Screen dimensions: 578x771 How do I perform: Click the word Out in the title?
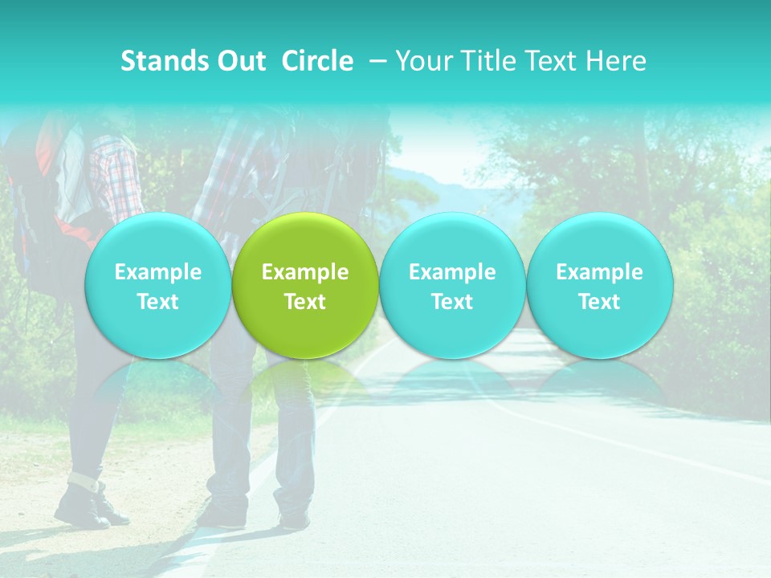pyautogui.click(x=239, y=61)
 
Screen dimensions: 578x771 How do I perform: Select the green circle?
pyautogui.click(x=305, y=285)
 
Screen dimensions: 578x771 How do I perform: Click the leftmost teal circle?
pyautogui.click(x=157, y=285)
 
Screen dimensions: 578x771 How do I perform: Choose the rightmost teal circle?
pyautogui.click(x=599, y=285)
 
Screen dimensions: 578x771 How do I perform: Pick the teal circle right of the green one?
pyautogui.click(x=452, y=285)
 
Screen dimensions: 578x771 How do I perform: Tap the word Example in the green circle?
pyautogui.click(x=305, y=272)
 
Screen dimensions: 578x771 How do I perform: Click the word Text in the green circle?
pyautogui.click(x=305, y=302)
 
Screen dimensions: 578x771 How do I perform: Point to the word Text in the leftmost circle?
pyautogui.click(x=157, y=302)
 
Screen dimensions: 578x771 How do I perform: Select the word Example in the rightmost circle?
pyautogui.click(x=599, y=272)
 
